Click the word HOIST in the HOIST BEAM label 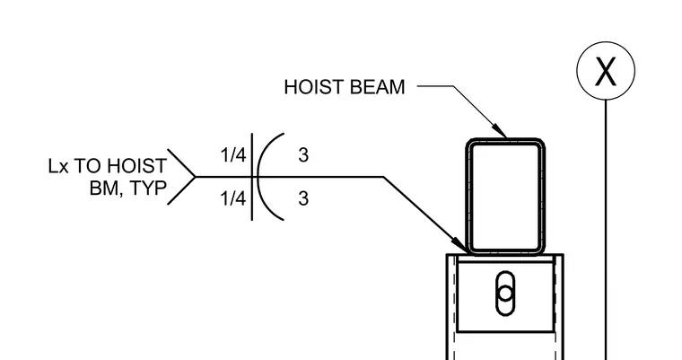click(x=314, y=87)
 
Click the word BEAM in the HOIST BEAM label click(x=377, y=87)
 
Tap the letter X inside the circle click(x=606, y=71)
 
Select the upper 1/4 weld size click(x=233, y=154)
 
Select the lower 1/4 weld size click(x=233, y=198)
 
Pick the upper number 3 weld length click(x=303, y=155)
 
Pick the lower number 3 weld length click(x=303, y=198)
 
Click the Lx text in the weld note click(x=58, y=166)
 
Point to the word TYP click(x=149, y=189)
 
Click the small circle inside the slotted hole click(x=505, y=293)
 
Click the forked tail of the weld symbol click(x=181, y=177)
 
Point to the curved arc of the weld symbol click(x=258, y=177)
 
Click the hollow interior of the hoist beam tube click(x=505, y=197)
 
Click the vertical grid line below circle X click(x=606, y=230)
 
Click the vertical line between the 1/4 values click(x=252, y=177)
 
